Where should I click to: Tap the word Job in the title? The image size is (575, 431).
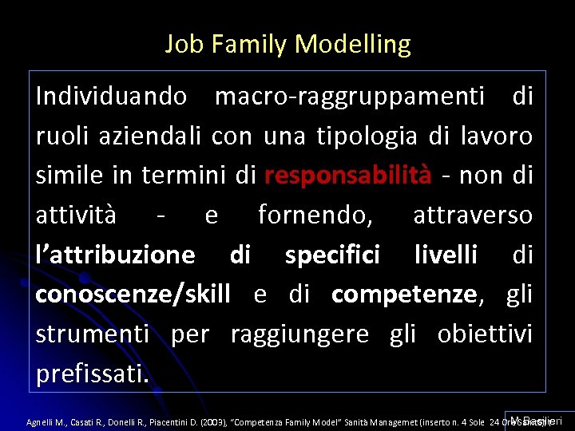tap(180, 44)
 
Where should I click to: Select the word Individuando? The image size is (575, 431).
tap(112, 97)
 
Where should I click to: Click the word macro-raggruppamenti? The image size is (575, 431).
tap(350, 97)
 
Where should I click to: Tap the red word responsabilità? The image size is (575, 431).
tap(348, 175)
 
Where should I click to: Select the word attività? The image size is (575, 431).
tap(76, 215)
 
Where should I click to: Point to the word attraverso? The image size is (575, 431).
tap(473, 215)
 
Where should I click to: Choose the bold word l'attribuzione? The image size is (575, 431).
tap(115, 255)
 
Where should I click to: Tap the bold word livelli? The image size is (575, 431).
tap(446, 255)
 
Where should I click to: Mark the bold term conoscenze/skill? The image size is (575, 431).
tap(133, 294)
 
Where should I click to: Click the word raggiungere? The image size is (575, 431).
tap(299, 334)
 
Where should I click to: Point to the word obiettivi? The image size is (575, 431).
tap(485, 334)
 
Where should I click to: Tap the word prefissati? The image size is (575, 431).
tap(92, 373)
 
